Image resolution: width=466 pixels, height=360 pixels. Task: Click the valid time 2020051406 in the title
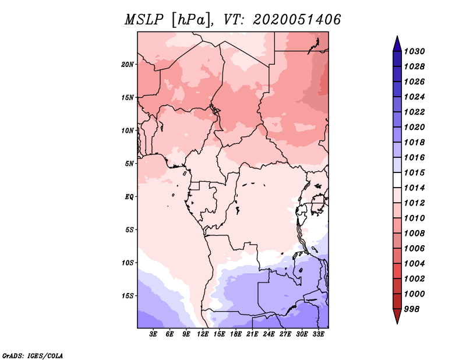click(296, 19)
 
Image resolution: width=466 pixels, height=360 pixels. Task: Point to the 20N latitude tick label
click(128, 64)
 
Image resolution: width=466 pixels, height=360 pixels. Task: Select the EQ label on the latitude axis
click(129, 197)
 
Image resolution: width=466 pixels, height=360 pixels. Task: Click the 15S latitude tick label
click(128, 296)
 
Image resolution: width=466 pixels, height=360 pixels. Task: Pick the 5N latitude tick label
click(129, 164)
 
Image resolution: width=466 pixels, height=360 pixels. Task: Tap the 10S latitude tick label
click(128, 263)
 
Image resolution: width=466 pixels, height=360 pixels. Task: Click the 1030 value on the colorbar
click(416, 51)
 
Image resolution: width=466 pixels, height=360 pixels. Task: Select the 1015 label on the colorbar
click(416, 173)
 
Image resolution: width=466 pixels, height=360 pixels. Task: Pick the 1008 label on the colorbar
click(416, 234)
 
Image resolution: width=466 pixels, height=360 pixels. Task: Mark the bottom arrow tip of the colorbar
click(396, 322)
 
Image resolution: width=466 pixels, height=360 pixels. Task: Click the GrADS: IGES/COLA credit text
click(33, 355)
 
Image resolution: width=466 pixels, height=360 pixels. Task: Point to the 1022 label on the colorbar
click(416, 112)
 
